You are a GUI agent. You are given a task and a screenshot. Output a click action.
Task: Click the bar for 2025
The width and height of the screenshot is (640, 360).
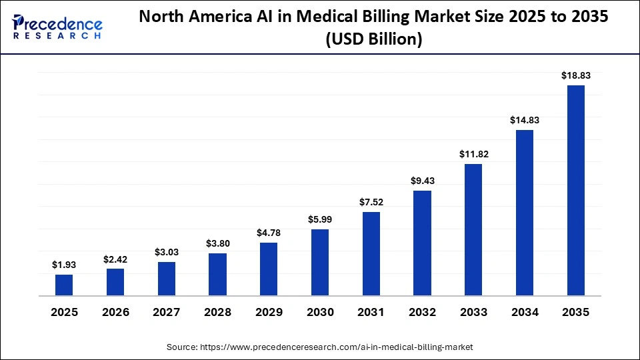(64, 285)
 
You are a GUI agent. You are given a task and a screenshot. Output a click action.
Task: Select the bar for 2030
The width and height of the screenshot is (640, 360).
(320, 262)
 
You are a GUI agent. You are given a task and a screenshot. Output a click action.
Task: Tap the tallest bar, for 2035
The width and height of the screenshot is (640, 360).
(576, 190)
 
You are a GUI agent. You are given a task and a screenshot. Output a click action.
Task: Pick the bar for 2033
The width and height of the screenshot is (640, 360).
(473, 229)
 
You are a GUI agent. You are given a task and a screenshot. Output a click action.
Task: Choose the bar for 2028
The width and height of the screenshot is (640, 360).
(217, 274)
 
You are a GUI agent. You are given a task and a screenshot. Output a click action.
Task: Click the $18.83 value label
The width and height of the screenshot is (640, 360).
(576, 75)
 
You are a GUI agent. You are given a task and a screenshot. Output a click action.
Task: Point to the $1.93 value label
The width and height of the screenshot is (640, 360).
(64, 265)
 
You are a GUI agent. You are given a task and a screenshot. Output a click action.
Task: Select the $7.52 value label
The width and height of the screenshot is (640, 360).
(371, 202)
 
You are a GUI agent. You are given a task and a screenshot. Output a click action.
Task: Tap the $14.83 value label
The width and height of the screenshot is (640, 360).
(525, 120)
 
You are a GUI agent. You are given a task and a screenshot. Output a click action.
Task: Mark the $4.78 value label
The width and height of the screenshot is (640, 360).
(269, 233)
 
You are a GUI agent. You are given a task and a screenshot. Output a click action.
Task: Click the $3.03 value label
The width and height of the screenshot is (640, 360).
(167, 252)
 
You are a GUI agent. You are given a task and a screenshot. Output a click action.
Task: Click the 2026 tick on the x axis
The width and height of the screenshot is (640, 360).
(115, 312)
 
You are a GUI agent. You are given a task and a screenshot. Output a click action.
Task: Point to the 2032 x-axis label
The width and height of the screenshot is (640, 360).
(423, 312)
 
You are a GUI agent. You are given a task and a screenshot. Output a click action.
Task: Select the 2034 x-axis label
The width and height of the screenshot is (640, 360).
(525, 312)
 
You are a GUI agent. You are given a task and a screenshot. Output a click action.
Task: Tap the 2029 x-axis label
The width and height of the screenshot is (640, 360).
(269, 312)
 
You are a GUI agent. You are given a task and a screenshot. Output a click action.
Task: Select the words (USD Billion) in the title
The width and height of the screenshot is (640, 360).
(373, 40)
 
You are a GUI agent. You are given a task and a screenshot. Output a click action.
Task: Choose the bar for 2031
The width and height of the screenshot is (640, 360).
(371, 253)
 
